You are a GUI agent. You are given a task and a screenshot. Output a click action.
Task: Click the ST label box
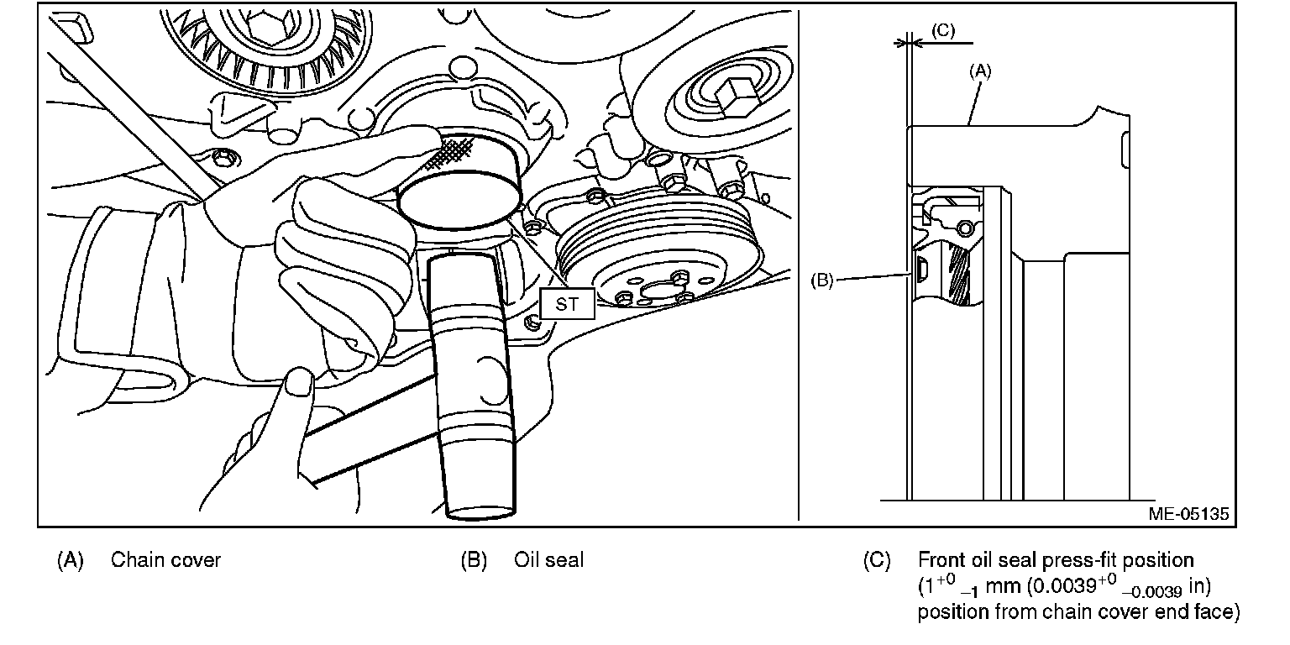point(567,304)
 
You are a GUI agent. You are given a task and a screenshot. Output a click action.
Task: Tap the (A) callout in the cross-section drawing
point(980,72)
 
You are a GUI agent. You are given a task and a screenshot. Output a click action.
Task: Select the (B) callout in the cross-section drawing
point(821,281)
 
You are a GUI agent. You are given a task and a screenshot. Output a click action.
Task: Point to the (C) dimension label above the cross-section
point(943,29)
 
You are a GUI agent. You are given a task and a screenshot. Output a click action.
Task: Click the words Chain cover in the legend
point(165,560)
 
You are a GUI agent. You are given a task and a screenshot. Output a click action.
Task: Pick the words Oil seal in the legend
point(548,560)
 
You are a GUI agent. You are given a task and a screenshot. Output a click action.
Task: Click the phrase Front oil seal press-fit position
point(1056,560)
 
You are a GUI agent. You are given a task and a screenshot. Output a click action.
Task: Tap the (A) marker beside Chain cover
point(71,560)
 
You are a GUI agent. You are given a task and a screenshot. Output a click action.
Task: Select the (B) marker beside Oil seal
point(474,560)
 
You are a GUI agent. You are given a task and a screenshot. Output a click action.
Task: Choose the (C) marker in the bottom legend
point(877,560)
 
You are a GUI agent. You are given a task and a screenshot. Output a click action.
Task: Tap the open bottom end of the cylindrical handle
point(481,506)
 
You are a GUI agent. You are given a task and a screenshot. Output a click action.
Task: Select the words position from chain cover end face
point(1078,611)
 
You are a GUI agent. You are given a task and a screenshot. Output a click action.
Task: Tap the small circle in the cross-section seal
point(963,228)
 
